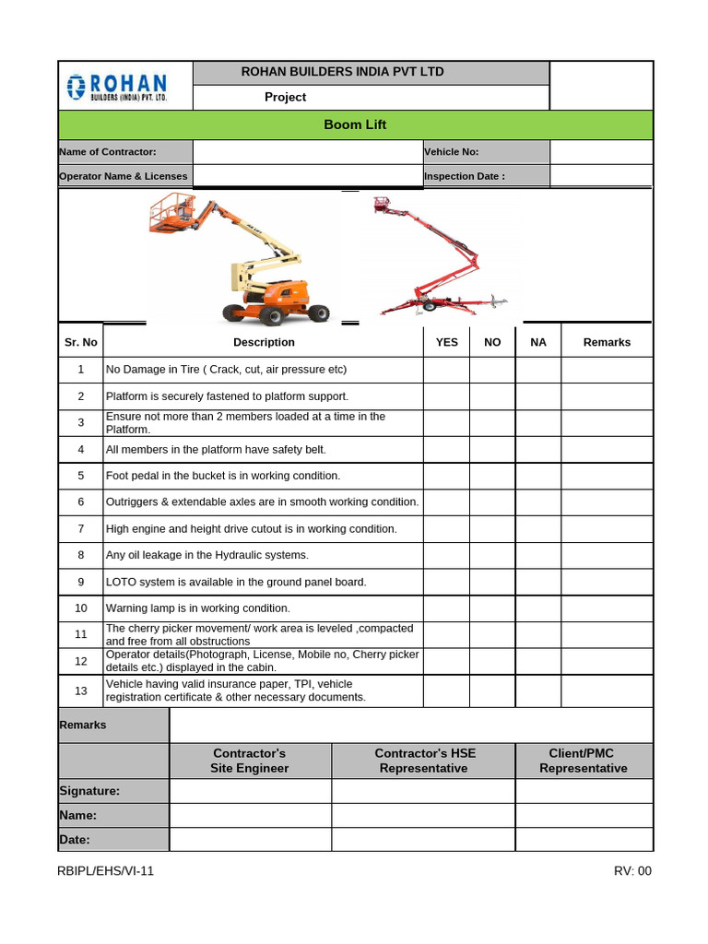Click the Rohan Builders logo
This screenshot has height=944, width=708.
(x=116, y=87)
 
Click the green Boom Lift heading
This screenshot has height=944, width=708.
(x=355, y=124)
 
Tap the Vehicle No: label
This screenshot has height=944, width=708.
(x=452, y=152)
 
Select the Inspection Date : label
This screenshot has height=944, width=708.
(x=465, y=176)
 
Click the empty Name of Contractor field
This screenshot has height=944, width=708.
(x=307, y=152)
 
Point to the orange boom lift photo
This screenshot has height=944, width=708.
(x=238, y=259)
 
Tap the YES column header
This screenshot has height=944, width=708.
(x=446, y=342)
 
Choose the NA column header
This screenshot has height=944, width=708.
(x=538, y=342)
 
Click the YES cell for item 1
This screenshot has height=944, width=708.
(x=446, y=370)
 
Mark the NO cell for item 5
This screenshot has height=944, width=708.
(x=492, y=476)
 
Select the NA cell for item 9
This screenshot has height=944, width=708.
(x=538, y=582)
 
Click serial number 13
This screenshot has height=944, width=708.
(x=81, y=690)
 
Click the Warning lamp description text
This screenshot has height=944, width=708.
(x=198, y=608)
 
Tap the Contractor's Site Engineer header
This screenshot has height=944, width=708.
(x=250, y=761)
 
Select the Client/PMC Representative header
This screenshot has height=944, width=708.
(x=584, y=761)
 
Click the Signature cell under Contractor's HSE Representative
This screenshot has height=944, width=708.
(x=423, y=791)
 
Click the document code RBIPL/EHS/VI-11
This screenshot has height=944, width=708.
(x=106, y=871)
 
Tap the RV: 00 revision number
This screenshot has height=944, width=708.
(x=632, y=871)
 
